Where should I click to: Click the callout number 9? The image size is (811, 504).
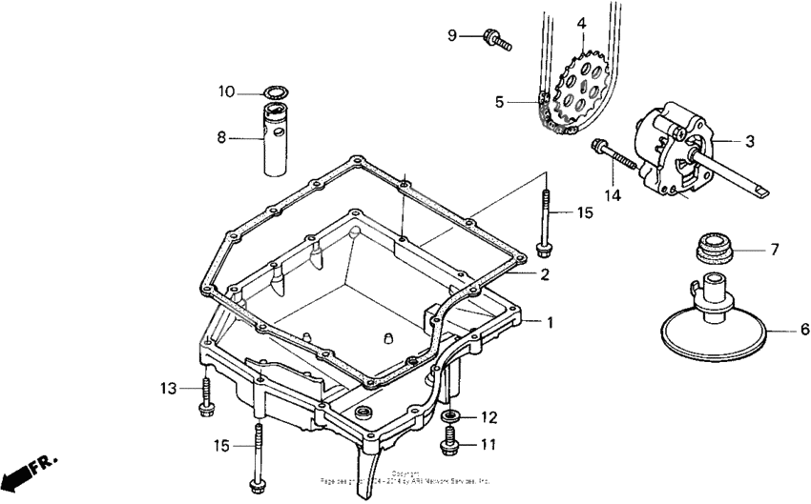coord(453,36)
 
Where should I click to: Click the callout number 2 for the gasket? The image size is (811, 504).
coord(544,275)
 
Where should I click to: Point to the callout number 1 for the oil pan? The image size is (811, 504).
coord(549,322)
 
